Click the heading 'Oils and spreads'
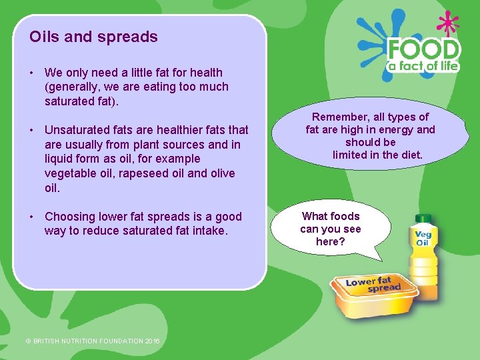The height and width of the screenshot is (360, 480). (x=93, y=37)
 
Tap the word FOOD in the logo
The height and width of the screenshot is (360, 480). (x=424, y=50)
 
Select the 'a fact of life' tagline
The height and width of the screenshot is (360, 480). (x=424, y=66)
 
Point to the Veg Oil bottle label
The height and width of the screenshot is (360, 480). (x=423, y=239)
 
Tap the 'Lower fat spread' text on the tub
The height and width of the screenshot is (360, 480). (x=373, y=285)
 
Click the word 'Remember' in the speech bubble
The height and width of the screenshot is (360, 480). (x=344, y=117)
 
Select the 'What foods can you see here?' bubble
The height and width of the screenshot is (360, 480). (x=330, y=229)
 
